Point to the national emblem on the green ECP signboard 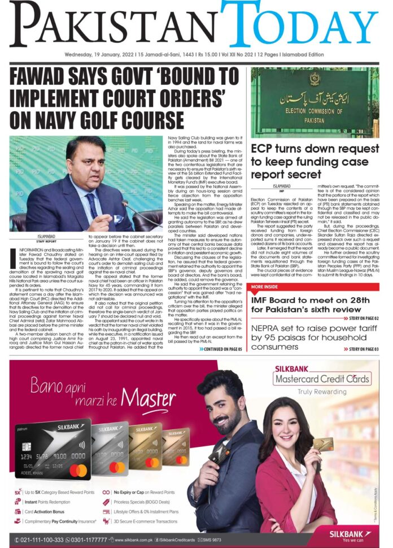point(314,84)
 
